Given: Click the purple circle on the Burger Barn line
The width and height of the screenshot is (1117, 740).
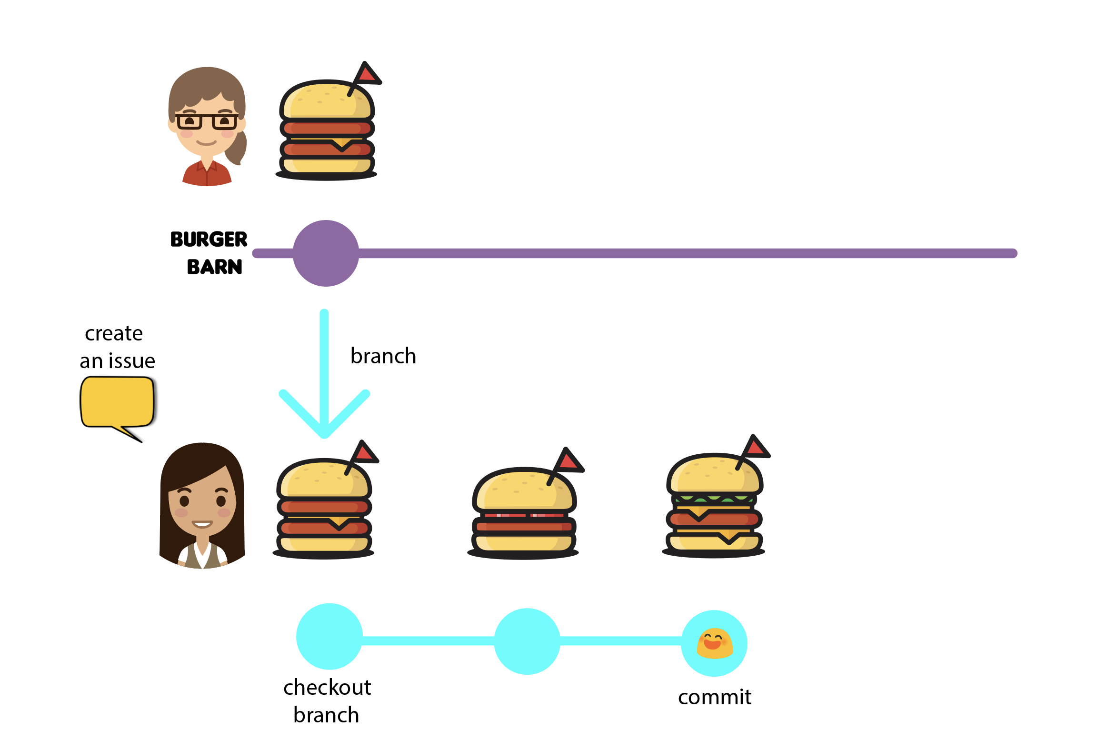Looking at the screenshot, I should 326,253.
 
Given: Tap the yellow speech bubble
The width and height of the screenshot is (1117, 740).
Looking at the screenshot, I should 117,401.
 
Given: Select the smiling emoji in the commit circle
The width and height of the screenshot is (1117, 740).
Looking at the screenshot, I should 714,643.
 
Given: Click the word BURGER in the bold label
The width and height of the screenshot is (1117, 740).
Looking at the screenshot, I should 209,240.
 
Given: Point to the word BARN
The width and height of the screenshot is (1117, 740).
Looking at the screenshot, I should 214,267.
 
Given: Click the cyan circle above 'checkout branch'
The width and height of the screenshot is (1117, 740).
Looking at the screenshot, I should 329,636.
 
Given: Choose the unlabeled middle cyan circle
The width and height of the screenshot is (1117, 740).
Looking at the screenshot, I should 527,641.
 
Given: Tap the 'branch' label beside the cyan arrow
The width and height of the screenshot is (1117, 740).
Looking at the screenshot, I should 383,356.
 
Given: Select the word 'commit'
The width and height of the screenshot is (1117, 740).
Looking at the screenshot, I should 714,697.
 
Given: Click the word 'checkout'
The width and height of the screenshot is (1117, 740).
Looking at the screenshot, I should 327,688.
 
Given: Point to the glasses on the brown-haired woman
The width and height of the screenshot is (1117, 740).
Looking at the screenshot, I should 207,121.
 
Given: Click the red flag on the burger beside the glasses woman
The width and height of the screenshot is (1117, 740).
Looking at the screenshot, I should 367,74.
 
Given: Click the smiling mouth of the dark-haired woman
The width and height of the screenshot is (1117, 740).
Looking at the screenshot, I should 202,524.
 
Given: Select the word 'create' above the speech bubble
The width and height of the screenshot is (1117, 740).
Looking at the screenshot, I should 114,333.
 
